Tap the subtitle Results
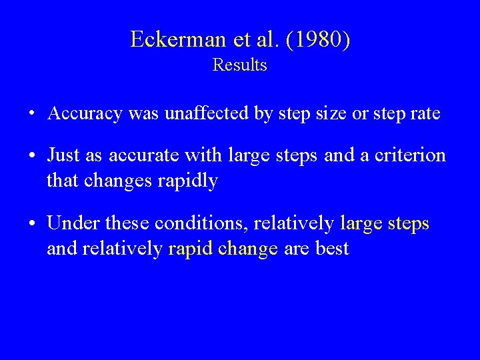239,65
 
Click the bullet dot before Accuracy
33,114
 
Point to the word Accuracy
85,114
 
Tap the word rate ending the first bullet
424,113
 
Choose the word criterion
409,155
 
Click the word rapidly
186,181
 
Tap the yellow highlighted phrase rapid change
223,249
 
